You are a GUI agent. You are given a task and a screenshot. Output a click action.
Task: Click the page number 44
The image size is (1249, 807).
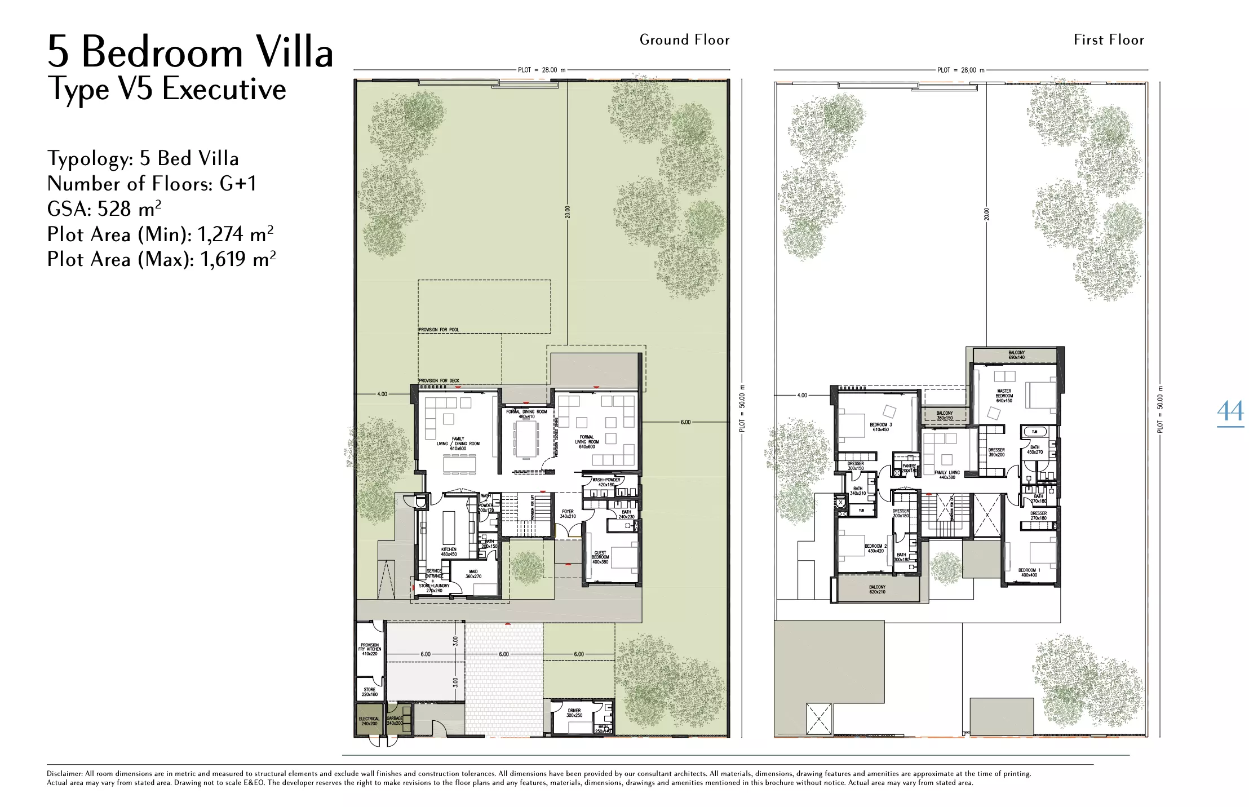click(1230, 412)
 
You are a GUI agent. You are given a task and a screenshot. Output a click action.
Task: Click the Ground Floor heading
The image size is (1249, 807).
click(684, 40)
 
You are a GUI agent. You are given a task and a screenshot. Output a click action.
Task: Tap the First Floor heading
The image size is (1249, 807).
click(1109, 40)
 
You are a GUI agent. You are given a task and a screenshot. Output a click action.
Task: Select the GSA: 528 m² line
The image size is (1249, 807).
click(104, 209)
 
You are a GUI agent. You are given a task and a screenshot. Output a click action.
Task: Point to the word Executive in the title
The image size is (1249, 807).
click(224, 89)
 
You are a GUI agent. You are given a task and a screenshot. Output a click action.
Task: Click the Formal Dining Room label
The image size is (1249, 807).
click(526, 414)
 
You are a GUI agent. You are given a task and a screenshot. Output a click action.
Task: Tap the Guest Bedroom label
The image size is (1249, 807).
click(600, 557)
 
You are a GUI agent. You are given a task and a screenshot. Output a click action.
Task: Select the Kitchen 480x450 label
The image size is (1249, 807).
click(449, 552)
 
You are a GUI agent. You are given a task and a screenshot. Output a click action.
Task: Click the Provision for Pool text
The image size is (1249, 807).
click(439, 330)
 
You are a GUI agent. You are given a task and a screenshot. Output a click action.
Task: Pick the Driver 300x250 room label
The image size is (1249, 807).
click(574, 713)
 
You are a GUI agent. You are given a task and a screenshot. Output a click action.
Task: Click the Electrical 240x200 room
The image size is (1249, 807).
click(369, 721)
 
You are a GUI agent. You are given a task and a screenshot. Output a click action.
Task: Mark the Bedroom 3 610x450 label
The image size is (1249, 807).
click(880, 427)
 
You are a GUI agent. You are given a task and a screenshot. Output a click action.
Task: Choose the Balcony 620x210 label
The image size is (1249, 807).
click(877, 589)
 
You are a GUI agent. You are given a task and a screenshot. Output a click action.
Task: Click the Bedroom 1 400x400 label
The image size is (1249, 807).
click(1029, 573)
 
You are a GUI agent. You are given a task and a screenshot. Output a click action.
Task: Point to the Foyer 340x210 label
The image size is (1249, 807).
click(568, 514)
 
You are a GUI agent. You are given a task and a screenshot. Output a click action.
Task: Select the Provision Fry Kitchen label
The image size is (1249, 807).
click(370, 649)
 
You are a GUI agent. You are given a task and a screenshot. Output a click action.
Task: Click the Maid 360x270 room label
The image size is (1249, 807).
click(473, 574)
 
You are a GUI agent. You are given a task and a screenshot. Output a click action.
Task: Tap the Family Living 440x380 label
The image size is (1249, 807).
click(947, 475)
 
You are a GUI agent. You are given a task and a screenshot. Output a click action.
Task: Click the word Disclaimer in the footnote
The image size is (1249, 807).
click(64, 774)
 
